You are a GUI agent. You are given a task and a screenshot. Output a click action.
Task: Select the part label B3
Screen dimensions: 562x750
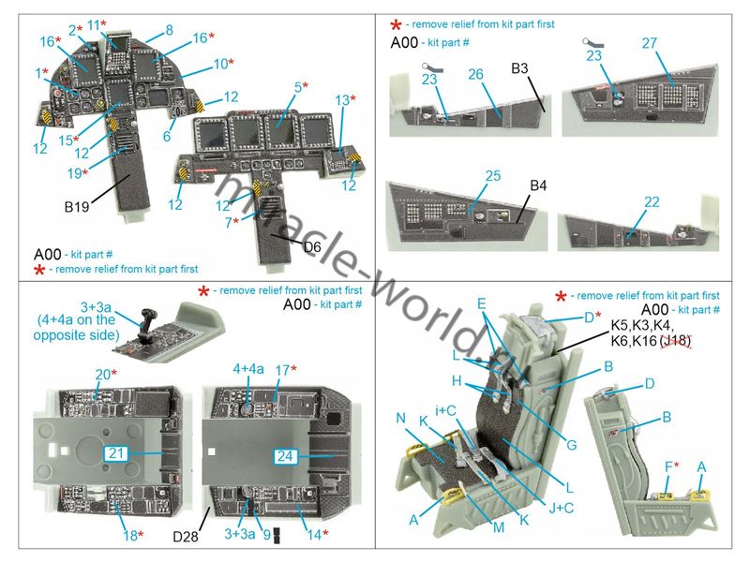click(x=523, y=68)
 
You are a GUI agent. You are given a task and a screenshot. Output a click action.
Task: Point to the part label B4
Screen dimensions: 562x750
click(x=538, y=185)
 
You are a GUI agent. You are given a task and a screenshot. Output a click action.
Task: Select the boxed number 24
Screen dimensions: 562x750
click(x=287, y=456)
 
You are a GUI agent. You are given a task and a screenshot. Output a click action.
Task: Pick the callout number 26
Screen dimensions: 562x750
click(x=475, y=73)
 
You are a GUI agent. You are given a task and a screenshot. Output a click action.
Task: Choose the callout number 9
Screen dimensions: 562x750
click(x=266, y=536)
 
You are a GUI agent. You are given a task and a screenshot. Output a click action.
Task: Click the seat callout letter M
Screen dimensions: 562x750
click(x=498, y=528)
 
